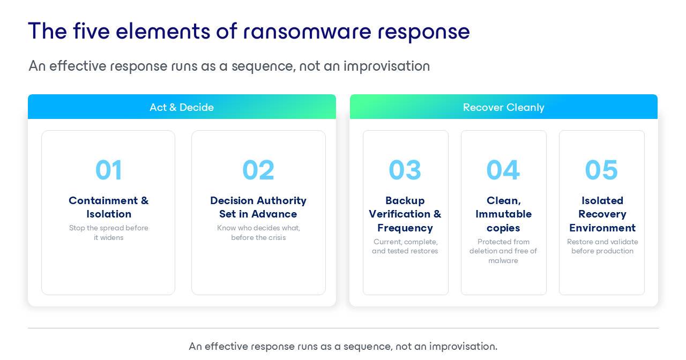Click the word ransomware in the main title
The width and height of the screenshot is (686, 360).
click(x=307, y=32)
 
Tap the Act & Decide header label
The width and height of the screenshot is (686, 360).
click(x=182, y=107)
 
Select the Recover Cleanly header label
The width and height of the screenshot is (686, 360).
click(x=503, y=108)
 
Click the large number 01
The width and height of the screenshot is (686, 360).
click(x=109, y=170)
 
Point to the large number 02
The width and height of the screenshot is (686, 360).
click(x=258, y=170)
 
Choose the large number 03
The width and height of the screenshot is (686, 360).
click(x=405, y=170)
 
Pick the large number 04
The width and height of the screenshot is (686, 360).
click(x=503, y=170)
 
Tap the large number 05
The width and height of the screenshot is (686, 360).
click(x=601, y=170)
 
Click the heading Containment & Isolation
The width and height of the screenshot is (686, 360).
click(x=109, y=207)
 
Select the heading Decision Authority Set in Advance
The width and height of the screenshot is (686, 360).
click(x=258, y=207)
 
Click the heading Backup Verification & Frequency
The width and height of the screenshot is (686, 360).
click(x=405, y=214)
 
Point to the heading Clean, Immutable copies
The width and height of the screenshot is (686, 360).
click(x=503, y=214)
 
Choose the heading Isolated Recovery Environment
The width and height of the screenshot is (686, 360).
click(x=602, y=214)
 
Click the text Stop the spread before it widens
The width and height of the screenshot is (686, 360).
click(x=109, y=232)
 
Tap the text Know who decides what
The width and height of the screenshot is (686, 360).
click(x=258, y=228)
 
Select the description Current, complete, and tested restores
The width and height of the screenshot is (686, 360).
click(x=405, y=246)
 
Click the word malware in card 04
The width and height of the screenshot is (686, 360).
click(x=503, y=260)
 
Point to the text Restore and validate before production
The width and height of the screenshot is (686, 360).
click(x=602, y=246)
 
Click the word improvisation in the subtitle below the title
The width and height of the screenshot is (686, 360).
click(x=386, y=66)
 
